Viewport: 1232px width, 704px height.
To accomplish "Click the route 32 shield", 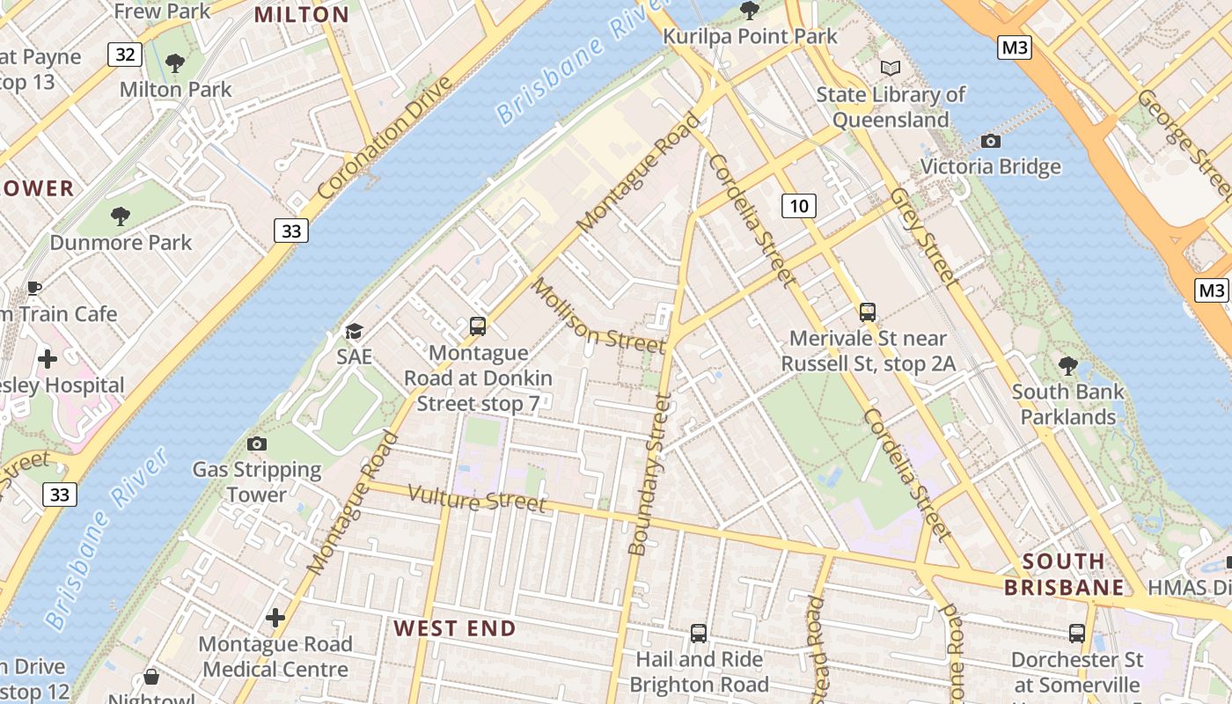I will pyautogui.click(x=125, y=55).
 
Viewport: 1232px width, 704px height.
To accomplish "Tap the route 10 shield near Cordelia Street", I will pyautogui.click(x=798, y=207).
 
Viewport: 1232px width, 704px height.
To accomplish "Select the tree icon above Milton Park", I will pyautogui.click(x=175, y=63).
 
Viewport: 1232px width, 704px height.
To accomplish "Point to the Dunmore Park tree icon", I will pyautogui.click(x=121, y=216).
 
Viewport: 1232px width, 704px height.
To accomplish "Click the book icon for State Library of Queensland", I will pyautogui.click(x=891, y=68).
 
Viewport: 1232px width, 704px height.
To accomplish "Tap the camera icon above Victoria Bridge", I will pyautogui.click(x=990, y=141).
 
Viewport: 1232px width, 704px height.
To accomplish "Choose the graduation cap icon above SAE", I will pyautogui.click(x=354, y=331).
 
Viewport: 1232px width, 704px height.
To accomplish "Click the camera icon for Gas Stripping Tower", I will pyautogui.click(x=257, y=444).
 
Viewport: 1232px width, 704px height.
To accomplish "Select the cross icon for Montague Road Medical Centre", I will pyautogui.click(x=275, y=618).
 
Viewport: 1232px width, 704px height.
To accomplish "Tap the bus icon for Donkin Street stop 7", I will pyautogui.click(x=478, y=326).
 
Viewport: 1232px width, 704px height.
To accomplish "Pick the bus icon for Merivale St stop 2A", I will pyautogui.click(x=868, y=312).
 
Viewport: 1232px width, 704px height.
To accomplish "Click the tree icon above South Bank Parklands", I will pyautogui.click(x=1068, y=365).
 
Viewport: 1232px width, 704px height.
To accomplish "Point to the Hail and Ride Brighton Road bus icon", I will pyautogui.click(x=699, y=633).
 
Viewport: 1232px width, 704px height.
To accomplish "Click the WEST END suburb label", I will pyautogui.click(x=454, y=628).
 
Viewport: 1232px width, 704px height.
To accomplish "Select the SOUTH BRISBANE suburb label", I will pyautogui.click(x=1064, y=575).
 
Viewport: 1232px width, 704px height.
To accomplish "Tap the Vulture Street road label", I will pyautogui.click(x=477, y=499).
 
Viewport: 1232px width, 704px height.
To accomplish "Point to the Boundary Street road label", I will pyautogui.click(x=650, y=475).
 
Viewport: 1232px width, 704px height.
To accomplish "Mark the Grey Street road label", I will pyautogui.click(x=921, y=236).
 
